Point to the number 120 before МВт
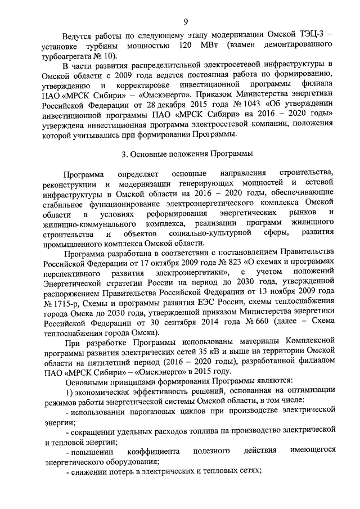point(187,45)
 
